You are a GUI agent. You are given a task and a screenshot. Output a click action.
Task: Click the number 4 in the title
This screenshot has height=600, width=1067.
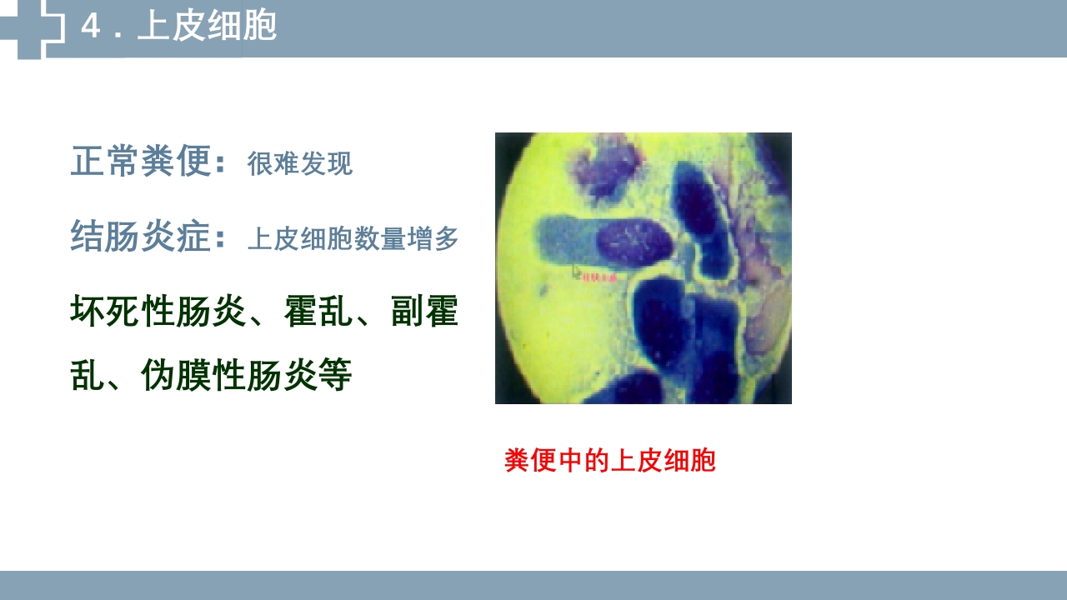(x=91, y=27)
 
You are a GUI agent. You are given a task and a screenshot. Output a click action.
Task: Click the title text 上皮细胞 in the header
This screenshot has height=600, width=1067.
(x=207, y=27)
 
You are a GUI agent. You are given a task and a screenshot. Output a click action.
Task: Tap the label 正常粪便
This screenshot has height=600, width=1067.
(x=141, y=162)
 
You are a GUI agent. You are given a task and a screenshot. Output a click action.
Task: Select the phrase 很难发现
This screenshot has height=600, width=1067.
(x=299, y=164)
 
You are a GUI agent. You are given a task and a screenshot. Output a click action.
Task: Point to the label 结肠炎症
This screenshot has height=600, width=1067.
(x=141, y=237)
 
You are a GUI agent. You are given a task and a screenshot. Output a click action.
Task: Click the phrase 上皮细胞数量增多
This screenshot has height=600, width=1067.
(x=353, y=240)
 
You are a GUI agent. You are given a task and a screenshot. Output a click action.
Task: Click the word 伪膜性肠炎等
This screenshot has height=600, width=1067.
(x=247, y=375)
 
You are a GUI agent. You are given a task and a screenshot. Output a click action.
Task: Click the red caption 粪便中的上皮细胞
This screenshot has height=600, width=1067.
(x=609, y=460)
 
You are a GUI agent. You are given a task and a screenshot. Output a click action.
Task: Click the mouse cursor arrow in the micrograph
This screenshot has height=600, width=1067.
(x=576, y=271)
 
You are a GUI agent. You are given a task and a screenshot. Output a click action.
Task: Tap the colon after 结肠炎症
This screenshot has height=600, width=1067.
(x=221, y=240)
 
